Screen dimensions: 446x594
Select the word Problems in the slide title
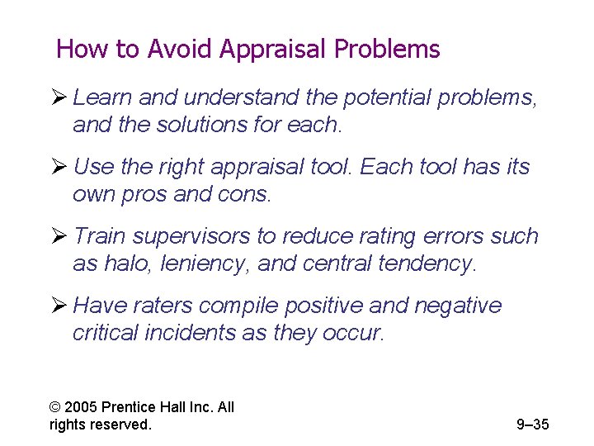coord(387,50)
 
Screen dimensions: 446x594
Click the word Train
coord(100,236)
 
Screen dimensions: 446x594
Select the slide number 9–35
coord(532,425)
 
